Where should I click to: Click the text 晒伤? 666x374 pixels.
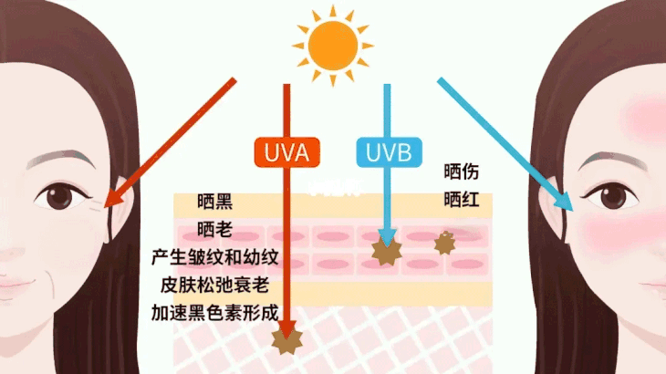click(x=462, y=171)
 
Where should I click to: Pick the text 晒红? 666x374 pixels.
click(x=462, y=200)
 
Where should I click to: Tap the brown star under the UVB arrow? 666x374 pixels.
click(x=388, y=249)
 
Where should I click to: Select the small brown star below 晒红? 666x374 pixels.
click(x=444, y=244)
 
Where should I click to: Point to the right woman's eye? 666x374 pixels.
click(x=607, y=193)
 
